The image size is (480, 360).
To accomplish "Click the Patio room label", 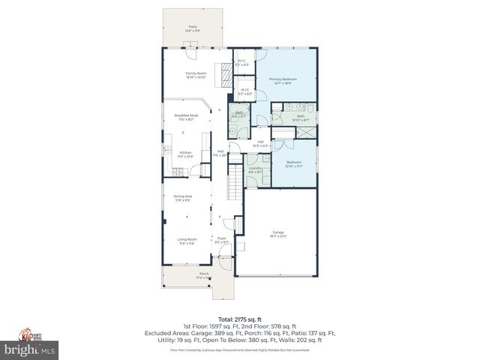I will point(193,28).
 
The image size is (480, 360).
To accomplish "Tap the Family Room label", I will point(196,75).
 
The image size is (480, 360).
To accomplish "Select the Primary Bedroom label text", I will point(284,80).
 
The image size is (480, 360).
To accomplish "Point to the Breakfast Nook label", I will point(185,117).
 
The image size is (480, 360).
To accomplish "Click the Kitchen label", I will point(185,154).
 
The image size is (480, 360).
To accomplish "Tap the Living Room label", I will point(187,241).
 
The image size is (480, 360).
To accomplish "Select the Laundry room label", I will point(256,169).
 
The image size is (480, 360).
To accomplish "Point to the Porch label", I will point(193,275).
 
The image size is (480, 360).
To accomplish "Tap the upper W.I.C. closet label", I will point(242,63).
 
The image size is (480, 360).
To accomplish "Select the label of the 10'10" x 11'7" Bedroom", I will point(294,163).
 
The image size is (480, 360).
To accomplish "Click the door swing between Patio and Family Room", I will point(192,54).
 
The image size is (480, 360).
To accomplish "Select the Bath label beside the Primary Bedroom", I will point(300,118).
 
